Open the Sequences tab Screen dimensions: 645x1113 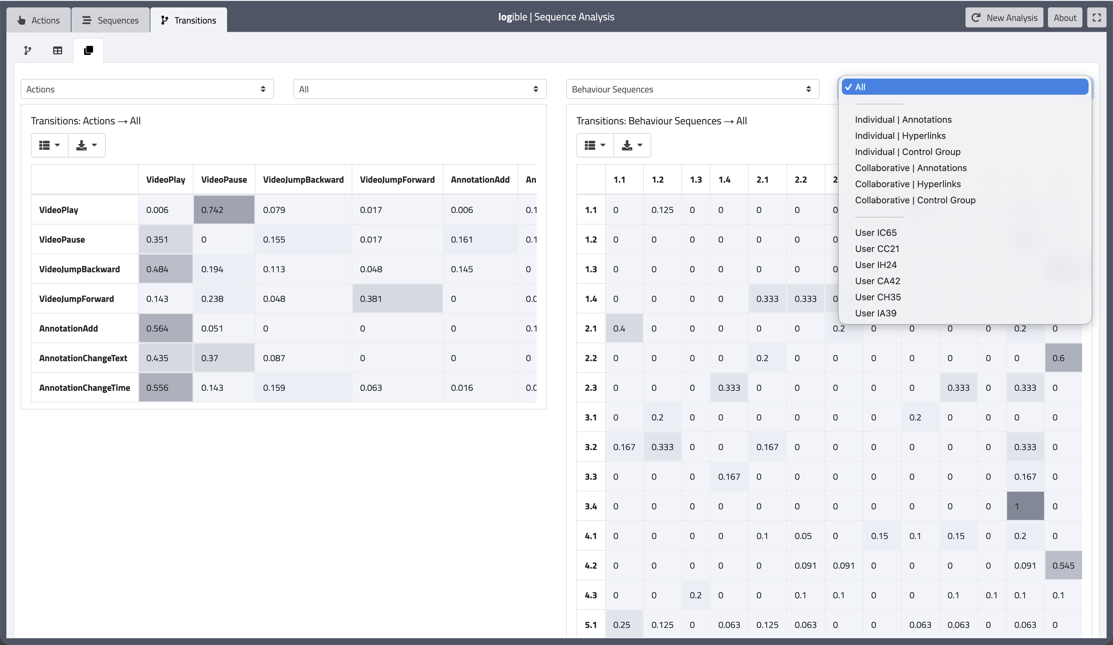(x=110, y=20)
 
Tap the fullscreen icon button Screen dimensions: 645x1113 (x=1096, y=18)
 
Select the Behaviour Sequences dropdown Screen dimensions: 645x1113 (x=692, y=89)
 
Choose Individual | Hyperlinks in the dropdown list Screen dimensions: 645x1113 (x=900, y=136)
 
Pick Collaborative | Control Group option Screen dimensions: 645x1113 (x=915, y=200)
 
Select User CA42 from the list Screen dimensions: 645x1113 (x=877, y=281)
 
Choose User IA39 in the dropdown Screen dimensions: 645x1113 (x=875, y=313)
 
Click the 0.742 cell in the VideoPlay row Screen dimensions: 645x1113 (x=224, y=210)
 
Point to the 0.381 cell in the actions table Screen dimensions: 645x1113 (x=397, y=299)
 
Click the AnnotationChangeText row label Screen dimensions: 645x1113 (x=83, y=358)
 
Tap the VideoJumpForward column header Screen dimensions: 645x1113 (x=397, y=180)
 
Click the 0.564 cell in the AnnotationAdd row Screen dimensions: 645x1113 (x=166, y=328)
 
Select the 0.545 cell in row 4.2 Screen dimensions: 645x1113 (x=1063, y=565)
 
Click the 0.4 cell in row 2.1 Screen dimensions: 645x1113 (x=623, y=328)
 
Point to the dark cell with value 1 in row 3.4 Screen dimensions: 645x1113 (x=1025, y=506)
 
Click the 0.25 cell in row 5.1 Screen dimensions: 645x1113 (x=623, y=625)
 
